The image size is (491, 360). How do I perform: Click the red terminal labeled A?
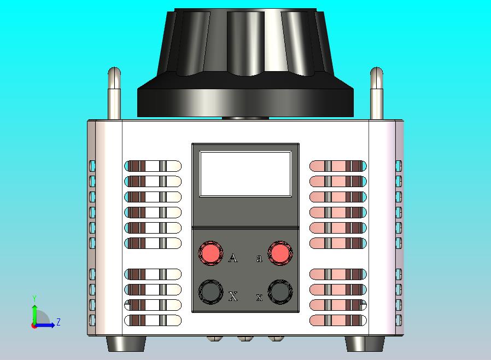tap(211, 253)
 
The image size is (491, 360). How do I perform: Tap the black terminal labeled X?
tap(211, 292)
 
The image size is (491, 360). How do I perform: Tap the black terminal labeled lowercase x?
tap(280, 292)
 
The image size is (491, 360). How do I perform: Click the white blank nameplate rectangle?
tap(245, 174)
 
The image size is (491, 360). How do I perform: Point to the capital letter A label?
tap(233, 258)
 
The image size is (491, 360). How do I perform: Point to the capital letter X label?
tap(233, 297)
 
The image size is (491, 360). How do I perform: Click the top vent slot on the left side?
tap(153, 166)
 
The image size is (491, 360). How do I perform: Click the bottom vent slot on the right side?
tap(338, 321)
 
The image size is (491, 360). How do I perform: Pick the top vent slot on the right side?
tap(338, 166)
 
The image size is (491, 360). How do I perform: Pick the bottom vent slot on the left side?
tap(153, 321)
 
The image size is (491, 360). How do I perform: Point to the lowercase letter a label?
tap(259, 258)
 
